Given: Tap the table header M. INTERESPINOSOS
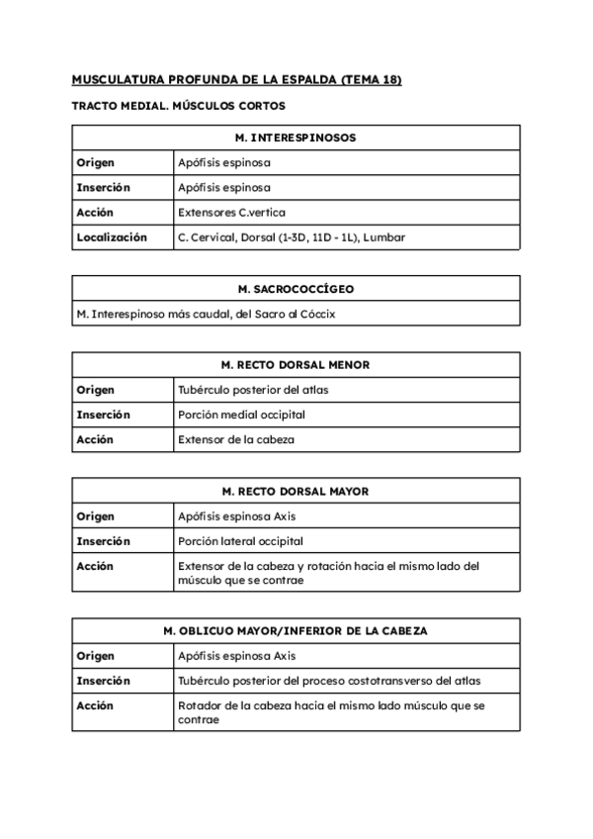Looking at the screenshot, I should tap(296, 138).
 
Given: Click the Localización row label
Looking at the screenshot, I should tap(112, 237).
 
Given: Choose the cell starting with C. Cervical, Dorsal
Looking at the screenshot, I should tap(291, 237).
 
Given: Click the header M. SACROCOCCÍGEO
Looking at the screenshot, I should tap(296, 289).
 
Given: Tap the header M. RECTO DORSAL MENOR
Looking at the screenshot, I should tap(296, 365).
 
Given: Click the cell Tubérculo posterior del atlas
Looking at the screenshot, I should tap(253, 390).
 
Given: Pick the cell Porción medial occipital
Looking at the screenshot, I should tap(241, 415).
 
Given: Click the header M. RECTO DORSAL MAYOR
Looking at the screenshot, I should tap(296, 491).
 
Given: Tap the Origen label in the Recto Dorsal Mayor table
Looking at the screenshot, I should tap(95, 516).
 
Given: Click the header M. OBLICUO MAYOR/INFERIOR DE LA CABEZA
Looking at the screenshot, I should tap(296, 630).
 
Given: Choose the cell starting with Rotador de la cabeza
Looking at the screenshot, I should tap(331, 712).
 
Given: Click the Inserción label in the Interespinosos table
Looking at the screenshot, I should tap(103, 187).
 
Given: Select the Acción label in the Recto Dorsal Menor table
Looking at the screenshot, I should tap(95, 439).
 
